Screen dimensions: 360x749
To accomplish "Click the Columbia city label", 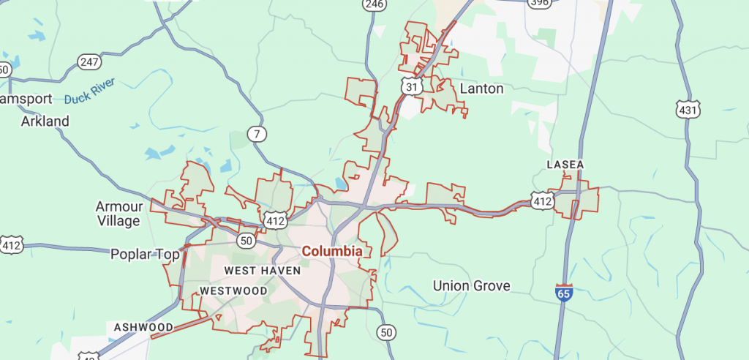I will [332, 251].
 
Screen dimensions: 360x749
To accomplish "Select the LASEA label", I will [565, 165].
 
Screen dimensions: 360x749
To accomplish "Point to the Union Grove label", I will [472, 285].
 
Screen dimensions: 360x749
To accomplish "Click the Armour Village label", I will [118, 213].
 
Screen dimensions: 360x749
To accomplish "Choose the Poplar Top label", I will [145, 255].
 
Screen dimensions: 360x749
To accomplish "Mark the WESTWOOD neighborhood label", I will [233, 290].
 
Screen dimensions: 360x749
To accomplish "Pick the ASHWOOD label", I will [143, 327].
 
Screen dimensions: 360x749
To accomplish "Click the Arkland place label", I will [45, 121].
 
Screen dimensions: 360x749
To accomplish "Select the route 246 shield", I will [374, 4].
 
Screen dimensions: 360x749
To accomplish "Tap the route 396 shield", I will [539, 4].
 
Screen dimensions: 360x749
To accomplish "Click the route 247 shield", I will [89, 62].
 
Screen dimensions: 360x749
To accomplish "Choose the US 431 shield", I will [688, 110].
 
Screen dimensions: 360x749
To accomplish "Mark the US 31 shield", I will [412, 86].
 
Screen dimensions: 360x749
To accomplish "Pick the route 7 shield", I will [256, 134].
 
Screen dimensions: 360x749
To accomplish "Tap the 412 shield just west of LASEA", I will [542, 200].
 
